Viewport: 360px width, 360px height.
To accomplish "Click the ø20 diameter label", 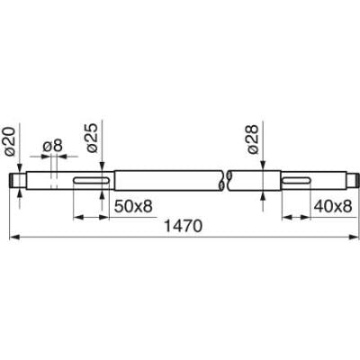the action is tap(10, 141).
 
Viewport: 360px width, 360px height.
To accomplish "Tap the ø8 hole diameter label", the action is tap(53, 147).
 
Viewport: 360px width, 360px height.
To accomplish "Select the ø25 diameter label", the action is tap(92, 138).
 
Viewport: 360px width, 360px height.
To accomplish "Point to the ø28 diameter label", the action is tap(253, 139).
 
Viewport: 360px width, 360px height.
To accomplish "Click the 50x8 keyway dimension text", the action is tap(133, 206).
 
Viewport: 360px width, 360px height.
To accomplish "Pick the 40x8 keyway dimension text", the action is tap(333, 206).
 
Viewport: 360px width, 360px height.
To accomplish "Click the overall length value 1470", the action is tap(184, 226).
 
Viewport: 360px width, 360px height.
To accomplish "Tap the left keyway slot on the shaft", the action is tap(92, 180).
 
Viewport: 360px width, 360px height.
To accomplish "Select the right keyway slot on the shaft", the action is tap(296, 180).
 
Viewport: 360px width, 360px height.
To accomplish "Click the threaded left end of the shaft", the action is tap(13, 180).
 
